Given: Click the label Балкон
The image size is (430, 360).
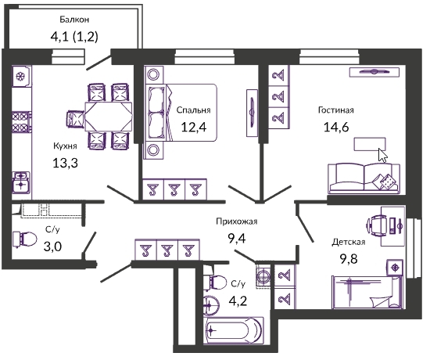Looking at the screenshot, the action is tap(74, 20).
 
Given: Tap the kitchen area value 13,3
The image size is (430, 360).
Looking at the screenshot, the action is tap(65, 163).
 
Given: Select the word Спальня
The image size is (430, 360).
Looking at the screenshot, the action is tap(193, 110).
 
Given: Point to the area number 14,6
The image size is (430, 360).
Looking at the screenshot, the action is tap(336, 127).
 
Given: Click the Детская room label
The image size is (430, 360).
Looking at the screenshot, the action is tap(349, 242).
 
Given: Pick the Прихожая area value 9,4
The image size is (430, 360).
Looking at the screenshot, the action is tap(237, 239).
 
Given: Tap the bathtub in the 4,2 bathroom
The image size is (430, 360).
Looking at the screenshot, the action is tap(233, 330).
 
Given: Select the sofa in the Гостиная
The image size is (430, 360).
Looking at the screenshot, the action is tap(364, 178).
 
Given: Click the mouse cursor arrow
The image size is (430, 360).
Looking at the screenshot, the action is tap(382, 156).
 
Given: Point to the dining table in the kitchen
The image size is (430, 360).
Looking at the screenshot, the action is tap(109, 117).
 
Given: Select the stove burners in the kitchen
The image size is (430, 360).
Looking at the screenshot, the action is tap(21, 122).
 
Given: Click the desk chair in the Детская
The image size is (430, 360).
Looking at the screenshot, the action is tap(377, 225).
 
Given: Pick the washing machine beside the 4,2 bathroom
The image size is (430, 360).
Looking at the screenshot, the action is tap(263, 276).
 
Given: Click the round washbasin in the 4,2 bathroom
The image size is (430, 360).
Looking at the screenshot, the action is tap(211, 304).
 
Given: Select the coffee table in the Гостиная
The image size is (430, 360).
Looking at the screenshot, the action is tap(370, 144).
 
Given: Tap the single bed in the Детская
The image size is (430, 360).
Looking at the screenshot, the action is tap(367, 293).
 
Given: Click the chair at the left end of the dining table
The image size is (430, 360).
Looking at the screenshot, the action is tap(75, 119).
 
